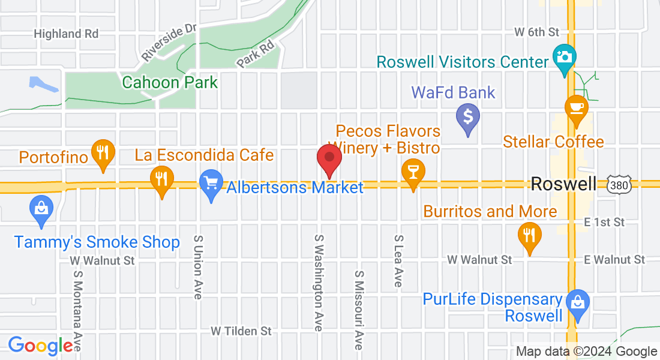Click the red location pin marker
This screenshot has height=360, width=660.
329,158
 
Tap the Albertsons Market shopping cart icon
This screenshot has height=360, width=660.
211,183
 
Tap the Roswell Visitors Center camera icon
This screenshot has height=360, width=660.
564,58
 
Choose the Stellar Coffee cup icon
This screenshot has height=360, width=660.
577,109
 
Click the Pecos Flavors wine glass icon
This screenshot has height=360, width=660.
413,172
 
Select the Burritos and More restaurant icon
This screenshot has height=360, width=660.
529,235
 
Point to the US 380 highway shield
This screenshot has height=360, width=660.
619,185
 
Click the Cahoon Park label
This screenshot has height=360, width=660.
170,82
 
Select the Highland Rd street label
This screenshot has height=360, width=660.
66,34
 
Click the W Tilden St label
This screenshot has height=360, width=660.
241,331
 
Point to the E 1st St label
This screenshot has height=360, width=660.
604,222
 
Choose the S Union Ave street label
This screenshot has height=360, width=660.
197,267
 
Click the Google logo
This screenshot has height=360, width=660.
40,346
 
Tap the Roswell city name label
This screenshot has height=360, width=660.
563,184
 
